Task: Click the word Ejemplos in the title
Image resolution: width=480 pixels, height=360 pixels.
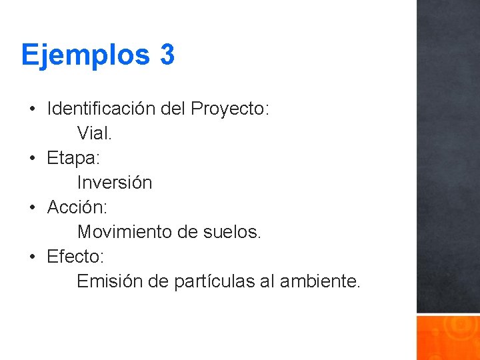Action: click(x=86, y=55)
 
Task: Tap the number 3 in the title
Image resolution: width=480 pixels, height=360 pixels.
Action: click(x=167, y=54)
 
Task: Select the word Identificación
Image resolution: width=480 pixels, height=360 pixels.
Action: click(x=103, y=108)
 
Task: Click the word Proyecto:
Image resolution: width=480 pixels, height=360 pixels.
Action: click(x=230, y=109)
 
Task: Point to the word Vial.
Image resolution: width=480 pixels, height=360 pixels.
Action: click(x=95, y=133)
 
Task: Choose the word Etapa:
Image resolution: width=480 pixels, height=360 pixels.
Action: click(x=73, y=158)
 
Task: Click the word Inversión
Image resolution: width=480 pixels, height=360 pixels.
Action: click(x=115, y=183)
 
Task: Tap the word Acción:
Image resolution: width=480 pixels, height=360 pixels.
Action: click(x=77, y=207)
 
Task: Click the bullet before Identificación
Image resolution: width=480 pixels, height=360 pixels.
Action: click(x=32, y=109)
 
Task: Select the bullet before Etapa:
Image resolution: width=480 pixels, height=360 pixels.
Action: click(x=32, y=158)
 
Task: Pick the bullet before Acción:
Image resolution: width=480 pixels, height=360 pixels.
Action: click(x=32, y=207)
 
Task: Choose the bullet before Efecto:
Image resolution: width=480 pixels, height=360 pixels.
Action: click(x=32, y=257)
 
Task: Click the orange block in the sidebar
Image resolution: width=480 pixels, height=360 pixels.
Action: click(x=448, y=337)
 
